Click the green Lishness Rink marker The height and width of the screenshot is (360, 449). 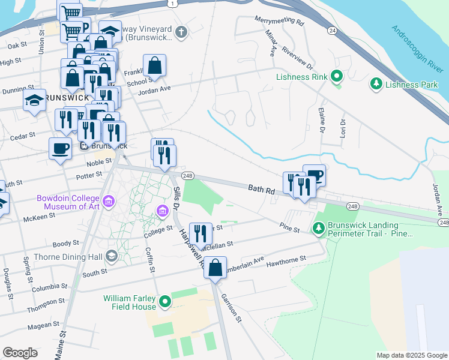(337, 76)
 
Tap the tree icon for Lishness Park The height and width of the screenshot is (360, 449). (376, 83)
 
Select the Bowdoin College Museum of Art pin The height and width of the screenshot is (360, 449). (109, 200)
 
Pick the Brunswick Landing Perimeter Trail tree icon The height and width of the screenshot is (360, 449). (318, 227)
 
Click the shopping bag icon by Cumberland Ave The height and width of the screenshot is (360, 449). (215, 267)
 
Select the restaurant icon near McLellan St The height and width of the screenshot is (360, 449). (200, 233)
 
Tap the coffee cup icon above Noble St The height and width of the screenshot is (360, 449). (60, 148)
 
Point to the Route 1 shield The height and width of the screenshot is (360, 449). (173, 4)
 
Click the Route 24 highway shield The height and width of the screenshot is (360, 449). (331, 29)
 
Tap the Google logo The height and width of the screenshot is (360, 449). (20, 353)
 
